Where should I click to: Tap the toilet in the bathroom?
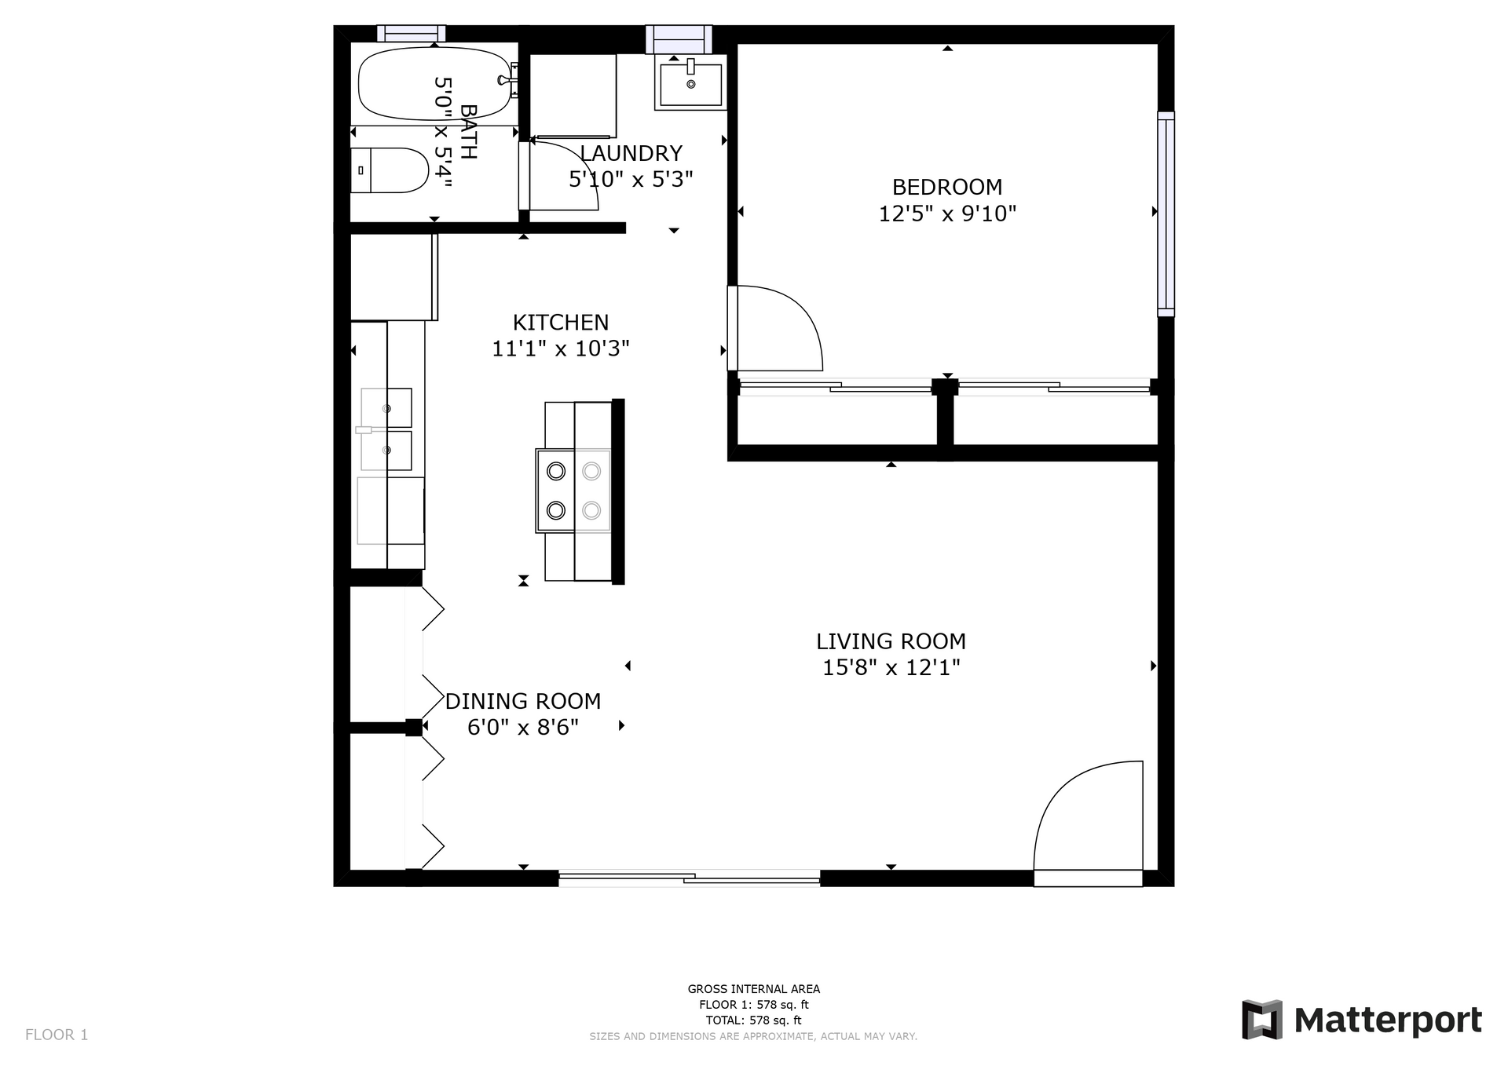[x=390, y=170]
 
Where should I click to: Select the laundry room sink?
[x=690, y=82]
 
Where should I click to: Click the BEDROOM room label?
[x=947, y=187]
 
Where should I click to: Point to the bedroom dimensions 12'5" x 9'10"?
[x=947, y=214]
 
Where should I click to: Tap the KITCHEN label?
[x=561, y=323]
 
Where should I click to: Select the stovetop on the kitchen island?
[x=573, y=491]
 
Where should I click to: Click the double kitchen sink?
[x=386, y=429]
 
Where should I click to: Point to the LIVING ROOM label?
[x=891, y=641]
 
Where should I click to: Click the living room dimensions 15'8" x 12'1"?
[x=891, y=668]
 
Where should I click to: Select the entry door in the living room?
[x=1089, y=823]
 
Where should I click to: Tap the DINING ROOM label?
[x=523, y=701]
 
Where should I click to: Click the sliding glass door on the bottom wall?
[x=690, y=878]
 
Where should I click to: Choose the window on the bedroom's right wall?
[x=1166, y=214]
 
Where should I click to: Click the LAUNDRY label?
[x=631, y=153]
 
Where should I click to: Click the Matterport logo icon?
[x=1262, y=1020]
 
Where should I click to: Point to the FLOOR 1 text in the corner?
[x=57, y=1035]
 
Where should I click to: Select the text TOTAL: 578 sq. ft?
[x=753, y=1020]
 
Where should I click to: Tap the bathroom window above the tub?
[x=412, y=33]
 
